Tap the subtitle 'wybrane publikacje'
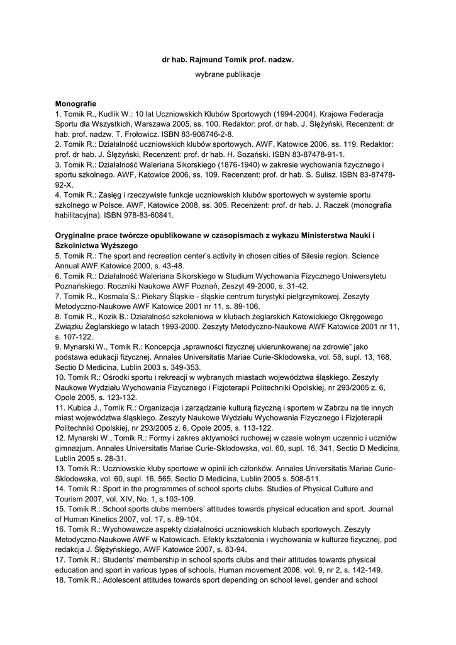click(228, 74)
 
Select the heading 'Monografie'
click(75, 103)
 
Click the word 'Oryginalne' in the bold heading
click(77, 236)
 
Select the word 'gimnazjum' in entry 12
click(76, 448)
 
